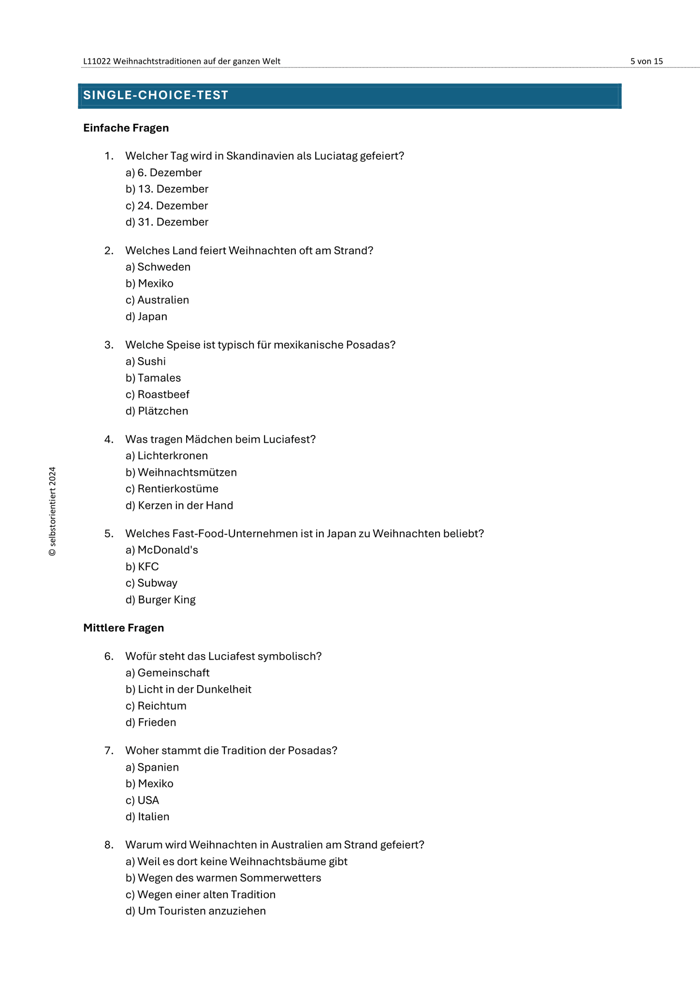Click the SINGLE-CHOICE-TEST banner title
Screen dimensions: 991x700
pos(156,95)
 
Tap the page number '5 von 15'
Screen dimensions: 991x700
pos(646,61)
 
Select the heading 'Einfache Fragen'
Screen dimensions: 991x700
pos(126,128)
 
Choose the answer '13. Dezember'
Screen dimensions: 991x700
pos(167,189)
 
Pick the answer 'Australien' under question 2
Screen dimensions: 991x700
pos(157,300)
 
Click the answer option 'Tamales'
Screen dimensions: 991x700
pos(153,378)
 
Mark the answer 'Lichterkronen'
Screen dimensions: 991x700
pos(167,456)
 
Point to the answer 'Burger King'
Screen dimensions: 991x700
pos(160,600)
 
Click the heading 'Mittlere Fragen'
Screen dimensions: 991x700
pos(124,628)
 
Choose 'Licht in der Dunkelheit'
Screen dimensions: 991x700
pos(189,690)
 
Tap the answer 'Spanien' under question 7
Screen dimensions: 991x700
pos(152,767)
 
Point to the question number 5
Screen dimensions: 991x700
pos(109,534)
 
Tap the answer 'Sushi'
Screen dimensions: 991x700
pos(146,361)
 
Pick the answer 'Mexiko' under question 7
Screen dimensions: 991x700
pos(149,784)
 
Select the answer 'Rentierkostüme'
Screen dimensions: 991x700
pos(172,489)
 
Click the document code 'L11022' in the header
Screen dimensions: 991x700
pos(97,61)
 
